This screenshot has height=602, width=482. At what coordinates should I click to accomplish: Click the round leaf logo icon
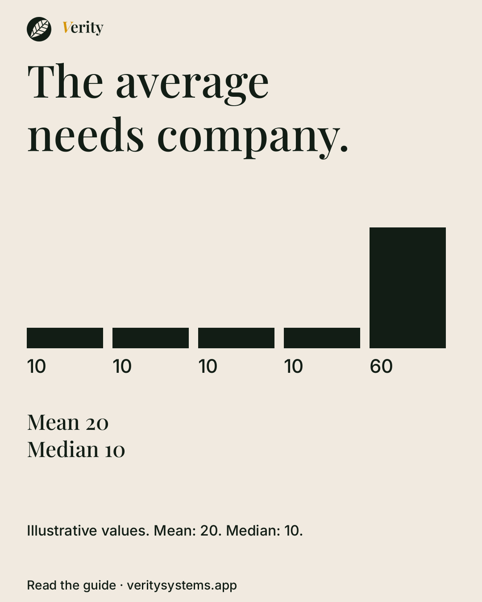[39, 29]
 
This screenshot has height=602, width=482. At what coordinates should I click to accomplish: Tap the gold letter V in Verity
[66, 27]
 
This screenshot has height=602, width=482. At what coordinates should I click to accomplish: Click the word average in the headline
[192, 84]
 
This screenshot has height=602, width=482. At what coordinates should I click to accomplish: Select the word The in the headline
[65, 81]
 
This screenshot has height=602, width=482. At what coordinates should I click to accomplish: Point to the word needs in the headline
[85, 134]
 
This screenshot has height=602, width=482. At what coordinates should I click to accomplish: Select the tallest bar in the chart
[407, 288]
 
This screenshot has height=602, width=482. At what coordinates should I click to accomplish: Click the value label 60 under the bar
[381, 366]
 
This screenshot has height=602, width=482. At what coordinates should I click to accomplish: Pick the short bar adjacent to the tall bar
[322, 338]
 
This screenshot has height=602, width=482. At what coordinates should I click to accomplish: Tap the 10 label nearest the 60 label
[293, 366]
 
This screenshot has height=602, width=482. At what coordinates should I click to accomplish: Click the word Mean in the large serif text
[53, 422]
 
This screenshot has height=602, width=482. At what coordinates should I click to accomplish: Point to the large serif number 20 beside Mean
[97, 424]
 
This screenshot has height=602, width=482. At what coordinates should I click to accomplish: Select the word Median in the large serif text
[63, 449]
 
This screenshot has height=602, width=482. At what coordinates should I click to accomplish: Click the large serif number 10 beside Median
[115, 451]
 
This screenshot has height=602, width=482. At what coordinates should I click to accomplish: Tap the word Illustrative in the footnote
[62, 531]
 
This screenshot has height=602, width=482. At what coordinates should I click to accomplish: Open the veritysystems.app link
[182, 586]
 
